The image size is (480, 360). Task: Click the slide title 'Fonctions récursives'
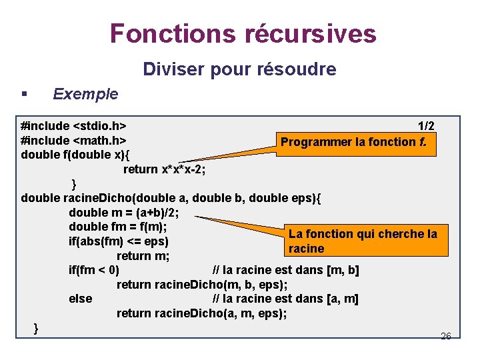pyautogui.click(x=243, y=33)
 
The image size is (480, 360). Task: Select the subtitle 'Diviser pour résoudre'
pyautogui.click(x=240, y=69)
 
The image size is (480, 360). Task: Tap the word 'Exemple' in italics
pyautogui.click(x=85, y=94)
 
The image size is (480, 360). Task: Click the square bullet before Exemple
pyautogui.click(x=24, y=94)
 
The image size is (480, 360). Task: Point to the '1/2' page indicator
pyautogui.click(x=426, y=126)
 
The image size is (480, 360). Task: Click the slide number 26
pyautogui.click(x=446, y=336)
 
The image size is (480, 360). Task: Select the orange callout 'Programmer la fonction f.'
pyautogui.click(x=358, y=142)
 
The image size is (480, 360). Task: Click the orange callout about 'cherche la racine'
pyautogui.click(x=363, y=241)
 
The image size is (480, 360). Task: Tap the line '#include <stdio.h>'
pyautogui.click(x=75, y=126)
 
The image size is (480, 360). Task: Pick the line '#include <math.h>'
pyautogui.click(x=75, y=141)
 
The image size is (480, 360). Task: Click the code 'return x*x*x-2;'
pyautogui.click(x=164, y=169)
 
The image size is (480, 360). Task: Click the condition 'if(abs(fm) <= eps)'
pyautogui.click(x=118, y=241)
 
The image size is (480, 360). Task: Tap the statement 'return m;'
pyautogui.click(x=143, y=256)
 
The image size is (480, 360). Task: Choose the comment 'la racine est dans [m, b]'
pyautogui.click(x=285, y=270)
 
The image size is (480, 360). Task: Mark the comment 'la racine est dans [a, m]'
pyautogui.click(x=285, y=299)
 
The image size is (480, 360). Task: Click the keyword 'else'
pyautogui.click(x=80, y=299)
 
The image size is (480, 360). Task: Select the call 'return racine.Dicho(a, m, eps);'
pyautogui.click(x=201, y=313)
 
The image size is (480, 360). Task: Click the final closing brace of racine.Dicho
pyautogui.click(x=36, y=327)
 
